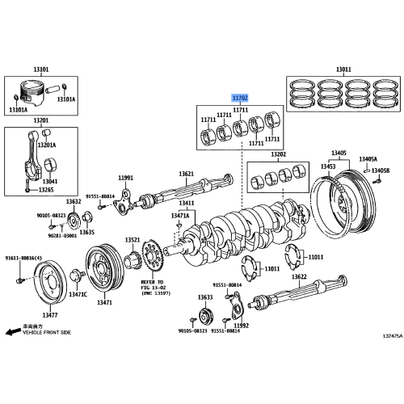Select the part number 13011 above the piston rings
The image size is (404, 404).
343,70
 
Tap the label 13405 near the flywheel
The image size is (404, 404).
339,153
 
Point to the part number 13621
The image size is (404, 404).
187,174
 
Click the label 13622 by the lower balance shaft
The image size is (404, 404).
298,276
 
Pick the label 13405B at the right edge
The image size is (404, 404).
381,170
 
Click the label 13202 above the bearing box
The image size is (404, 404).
278,154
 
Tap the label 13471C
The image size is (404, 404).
78,295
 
